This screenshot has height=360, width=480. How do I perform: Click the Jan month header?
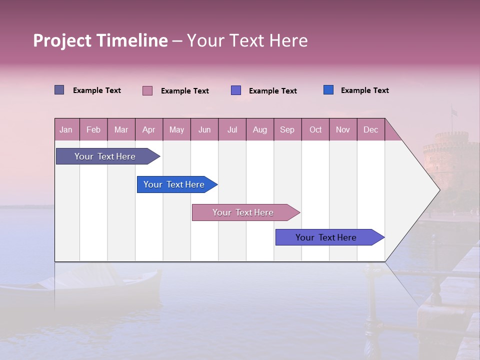pos(66,129)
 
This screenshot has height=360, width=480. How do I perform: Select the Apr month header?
pos(149,129)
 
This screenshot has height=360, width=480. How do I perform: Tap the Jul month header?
pos(232,129)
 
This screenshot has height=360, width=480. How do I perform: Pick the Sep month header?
pos(287,129)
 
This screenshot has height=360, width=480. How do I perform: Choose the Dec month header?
pos(370,129)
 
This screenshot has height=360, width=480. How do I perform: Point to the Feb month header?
pos(93,129)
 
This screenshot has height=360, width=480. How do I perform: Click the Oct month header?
pos(315,129)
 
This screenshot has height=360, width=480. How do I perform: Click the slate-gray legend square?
pos(59,90)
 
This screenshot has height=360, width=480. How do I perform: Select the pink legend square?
pos(147,90)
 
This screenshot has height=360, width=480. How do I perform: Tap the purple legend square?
pos(236,90)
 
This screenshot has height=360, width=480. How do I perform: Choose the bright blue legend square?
pos(328,90)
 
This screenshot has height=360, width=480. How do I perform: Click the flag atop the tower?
pos(454,112)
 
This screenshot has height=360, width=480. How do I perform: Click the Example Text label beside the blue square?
pos(364,90)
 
